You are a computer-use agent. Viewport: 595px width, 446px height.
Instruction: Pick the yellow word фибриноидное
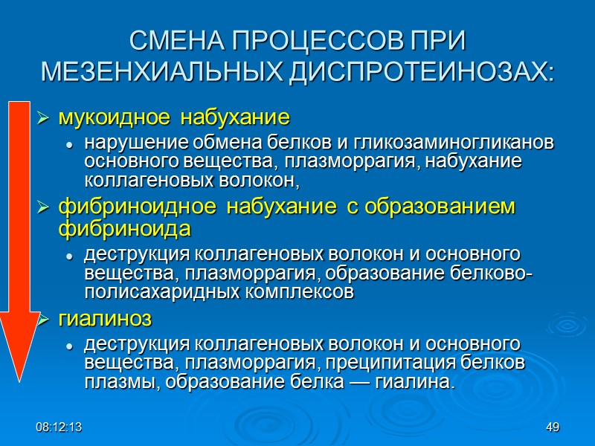(x=120, y=207)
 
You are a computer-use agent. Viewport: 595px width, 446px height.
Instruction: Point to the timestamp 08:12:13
(x=61, y=427)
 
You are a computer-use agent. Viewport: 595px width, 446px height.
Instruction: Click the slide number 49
(x=552, y=427)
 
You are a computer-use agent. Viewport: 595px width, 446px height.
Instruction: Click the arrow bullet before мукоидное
(x=44, y=119)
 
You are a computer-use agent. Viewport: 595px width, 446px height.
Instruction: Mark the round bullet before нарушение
(x=69, y=143)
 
